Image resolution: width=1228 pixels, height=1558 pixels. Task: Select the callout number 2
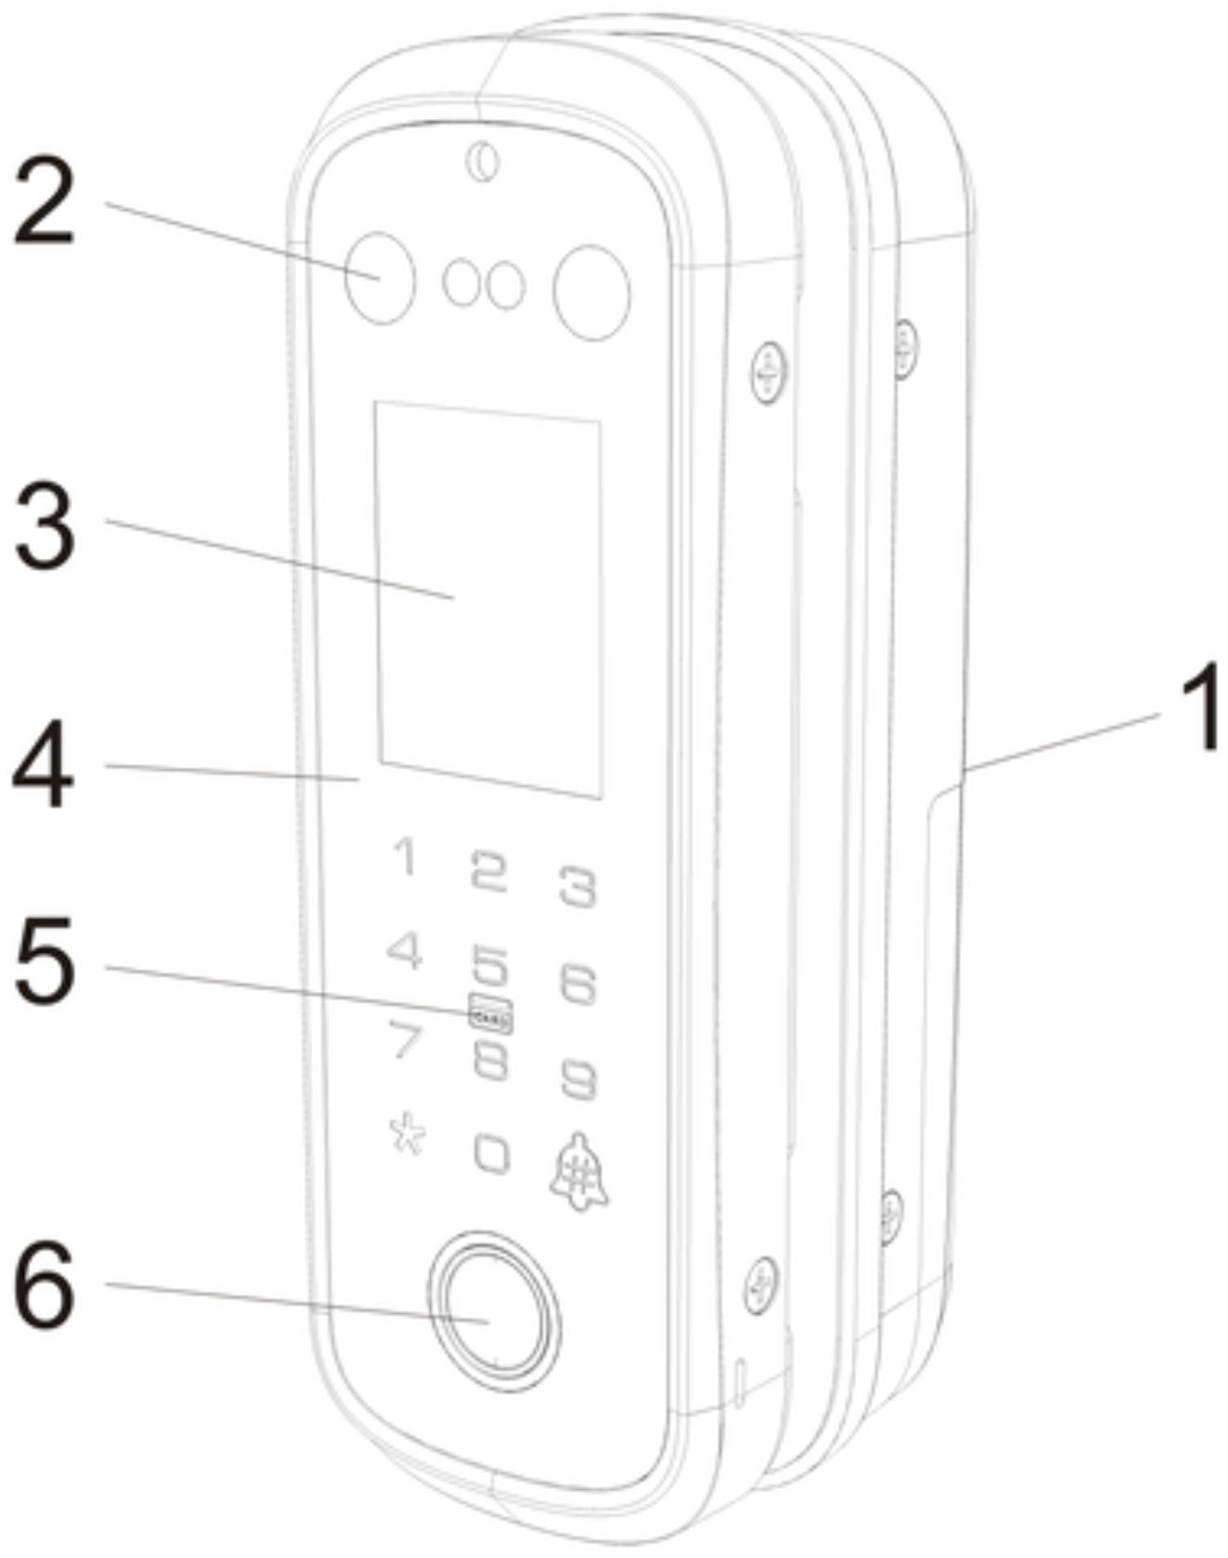(x=43, y=203)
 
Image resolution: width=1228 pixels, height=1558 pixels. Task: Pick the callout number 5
(x=45, y=960)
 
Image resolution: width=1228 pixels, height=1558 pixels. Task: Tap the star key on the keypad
(x=407, y=1134)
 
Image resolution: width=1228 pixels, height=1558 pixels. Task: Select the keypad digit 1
(x=404, y=856)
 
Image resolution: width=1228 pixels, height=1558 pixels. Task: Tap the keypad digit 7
(x=405, y=1040)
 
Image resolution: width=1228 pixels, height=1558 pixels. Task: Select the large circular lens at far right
(x=591, y=291)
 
